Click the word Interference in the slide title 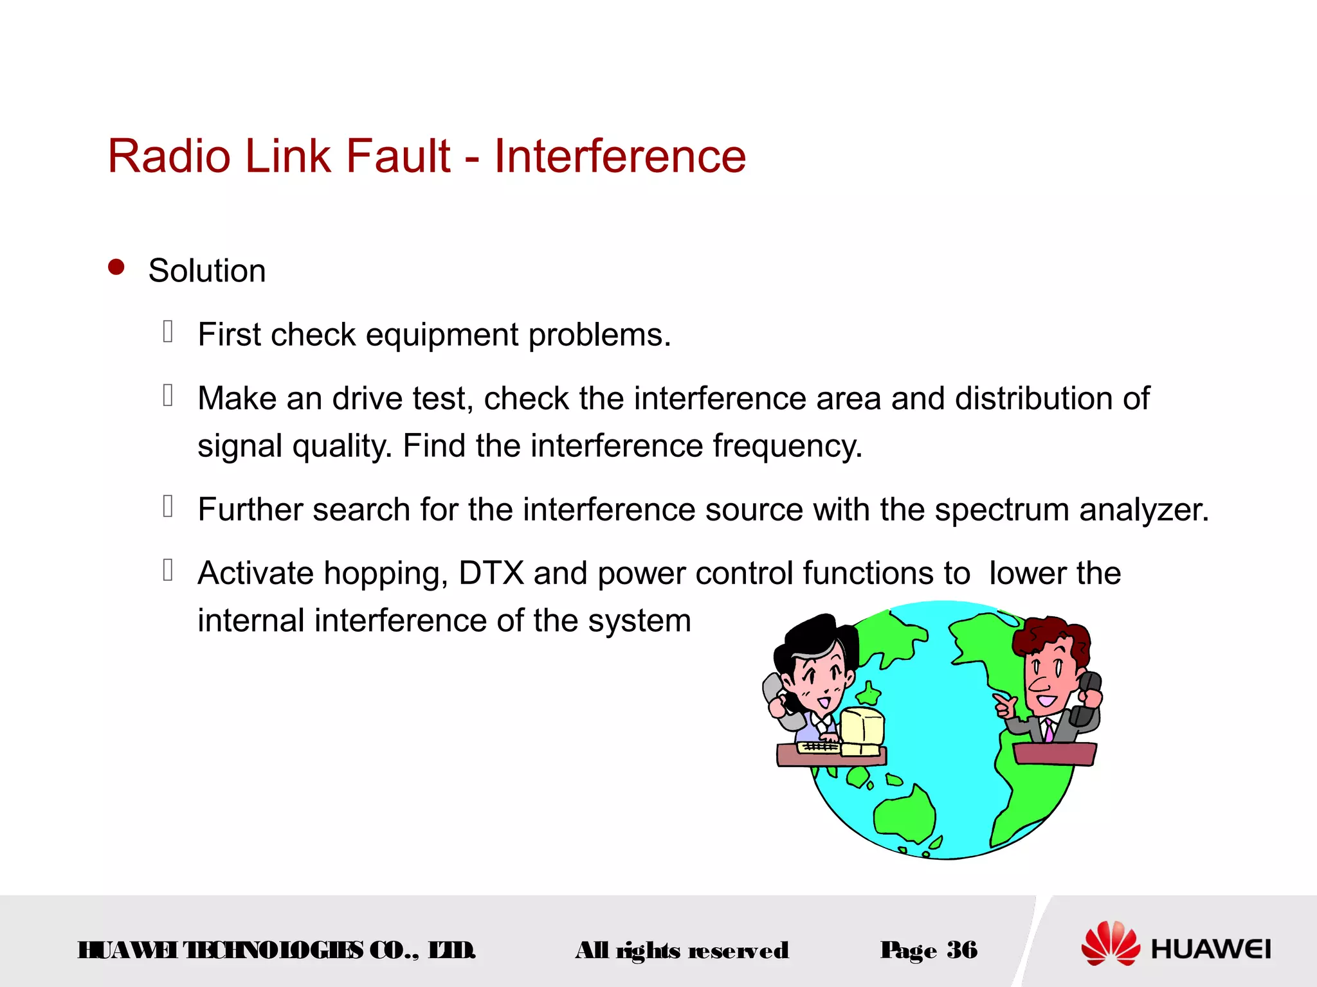click(x=619, y=156)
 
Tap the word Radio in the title click(x=169, y=156)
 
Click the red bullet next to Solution click(x=116, y=267)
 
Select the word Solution click(x=206, y=271)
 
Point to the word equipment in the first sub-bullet click(x=442, y=335)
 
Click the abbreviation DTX click(x=491, y=573)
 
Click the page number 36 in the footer click(x=961, y=950)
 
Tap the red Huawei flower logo click(x=1110, y=943)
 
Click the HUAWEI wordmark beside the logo click(x=1210, y=949)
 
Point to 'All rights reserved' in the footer click(x=682, y=950)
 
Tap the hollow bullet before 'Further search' click(x=168, y=506)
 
